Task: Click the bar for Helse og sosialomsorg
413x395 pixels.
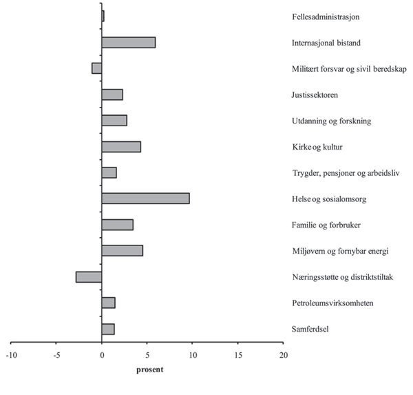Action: [x=145, y=199]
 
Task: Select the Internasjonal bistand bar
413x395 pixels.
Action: [x=128, y=43]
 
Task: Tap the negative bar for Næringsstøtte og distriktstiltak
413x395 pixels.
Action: [x=89, y=276]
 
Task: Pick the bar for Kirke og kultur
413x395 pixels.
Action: [x=121, y=147]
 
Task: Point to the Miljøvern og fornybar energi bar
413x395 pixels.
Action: [x=122, y=250]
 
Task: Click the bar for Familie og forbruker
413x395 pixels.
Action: [x=117, y=225]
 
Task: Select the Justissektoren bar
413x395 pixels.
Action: [x=112, y=94]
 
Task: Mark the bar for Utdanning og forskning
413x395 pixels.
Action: [x=114, y=121]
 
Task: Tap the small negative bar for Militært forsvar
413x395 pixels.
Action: [x=97, y=68]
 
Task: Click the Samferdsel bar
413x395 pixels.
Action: [x=108, y=329]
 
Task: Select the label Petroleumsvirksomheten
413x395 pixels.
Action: [x=332, y=303]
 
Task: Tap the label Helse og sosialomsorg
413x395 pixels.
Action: [x=329, y=199]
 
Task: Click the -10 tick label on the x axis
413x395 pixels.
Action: [x=12, y=356]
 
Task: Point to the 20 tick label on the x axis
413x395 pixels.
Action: [x=283, y=356]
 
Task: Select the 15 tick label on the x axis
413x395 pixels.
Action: [x=237, y=356]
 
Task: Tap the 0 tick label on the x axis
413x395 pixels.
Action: [x=102, y=356]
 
